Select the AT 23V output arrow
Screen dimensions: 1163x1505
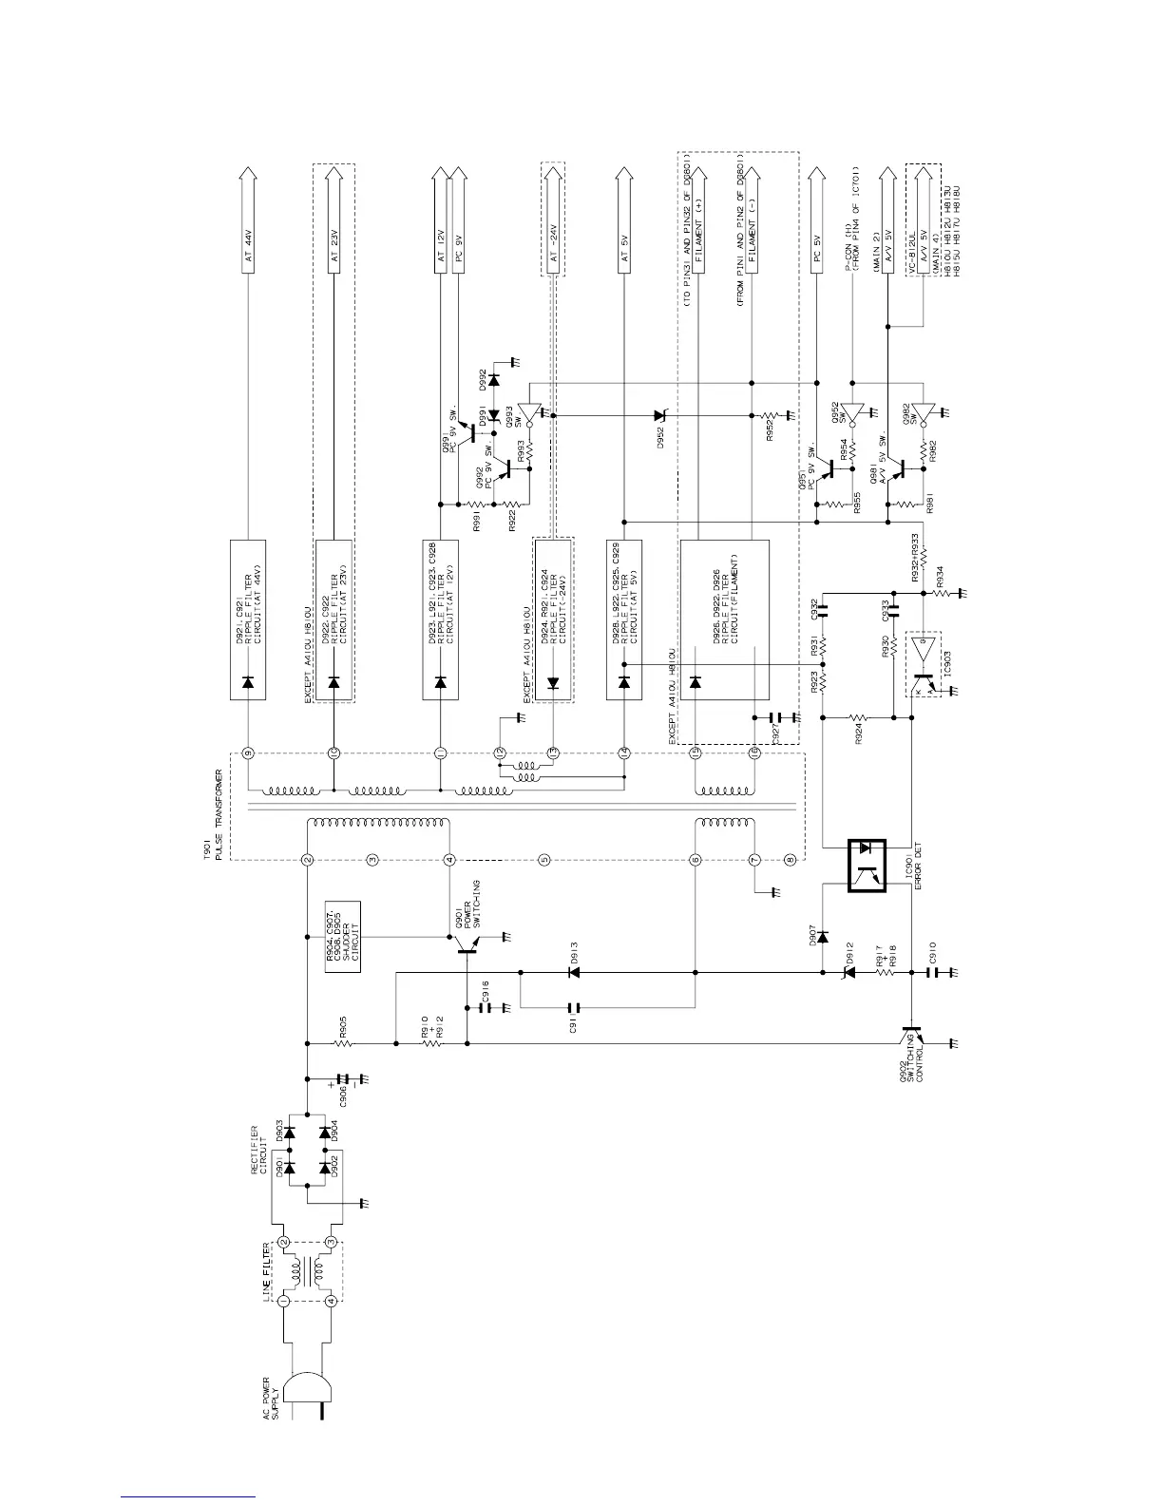(x=334, y=219)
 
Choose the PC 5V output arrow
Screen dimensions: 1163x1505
(x=815, y=219)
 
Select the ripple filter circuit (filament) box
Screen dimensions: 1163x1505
(x=725, y=620)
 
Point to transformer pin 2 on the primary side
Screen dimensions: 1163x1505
(x=307, y=861)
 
